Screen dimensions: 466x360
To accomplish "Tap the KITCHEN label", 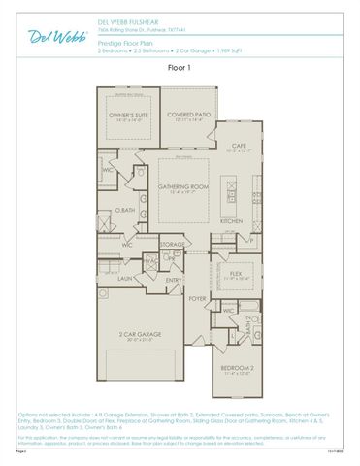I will click(231, 220).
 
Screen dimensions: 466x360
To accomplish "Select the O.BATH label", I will click(123, 211).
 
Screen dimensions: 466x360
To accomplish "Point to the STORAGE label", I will click(173, 244).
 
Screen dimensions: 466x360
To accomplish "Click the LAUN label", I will click(125, 278).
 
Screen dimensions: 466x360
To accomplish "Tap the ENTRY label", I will click(174, 280).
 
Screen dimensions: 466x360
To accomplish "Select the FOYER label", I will click(198, 299).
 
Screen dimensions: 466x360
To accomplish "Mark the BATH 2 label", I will click(248, 328).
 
